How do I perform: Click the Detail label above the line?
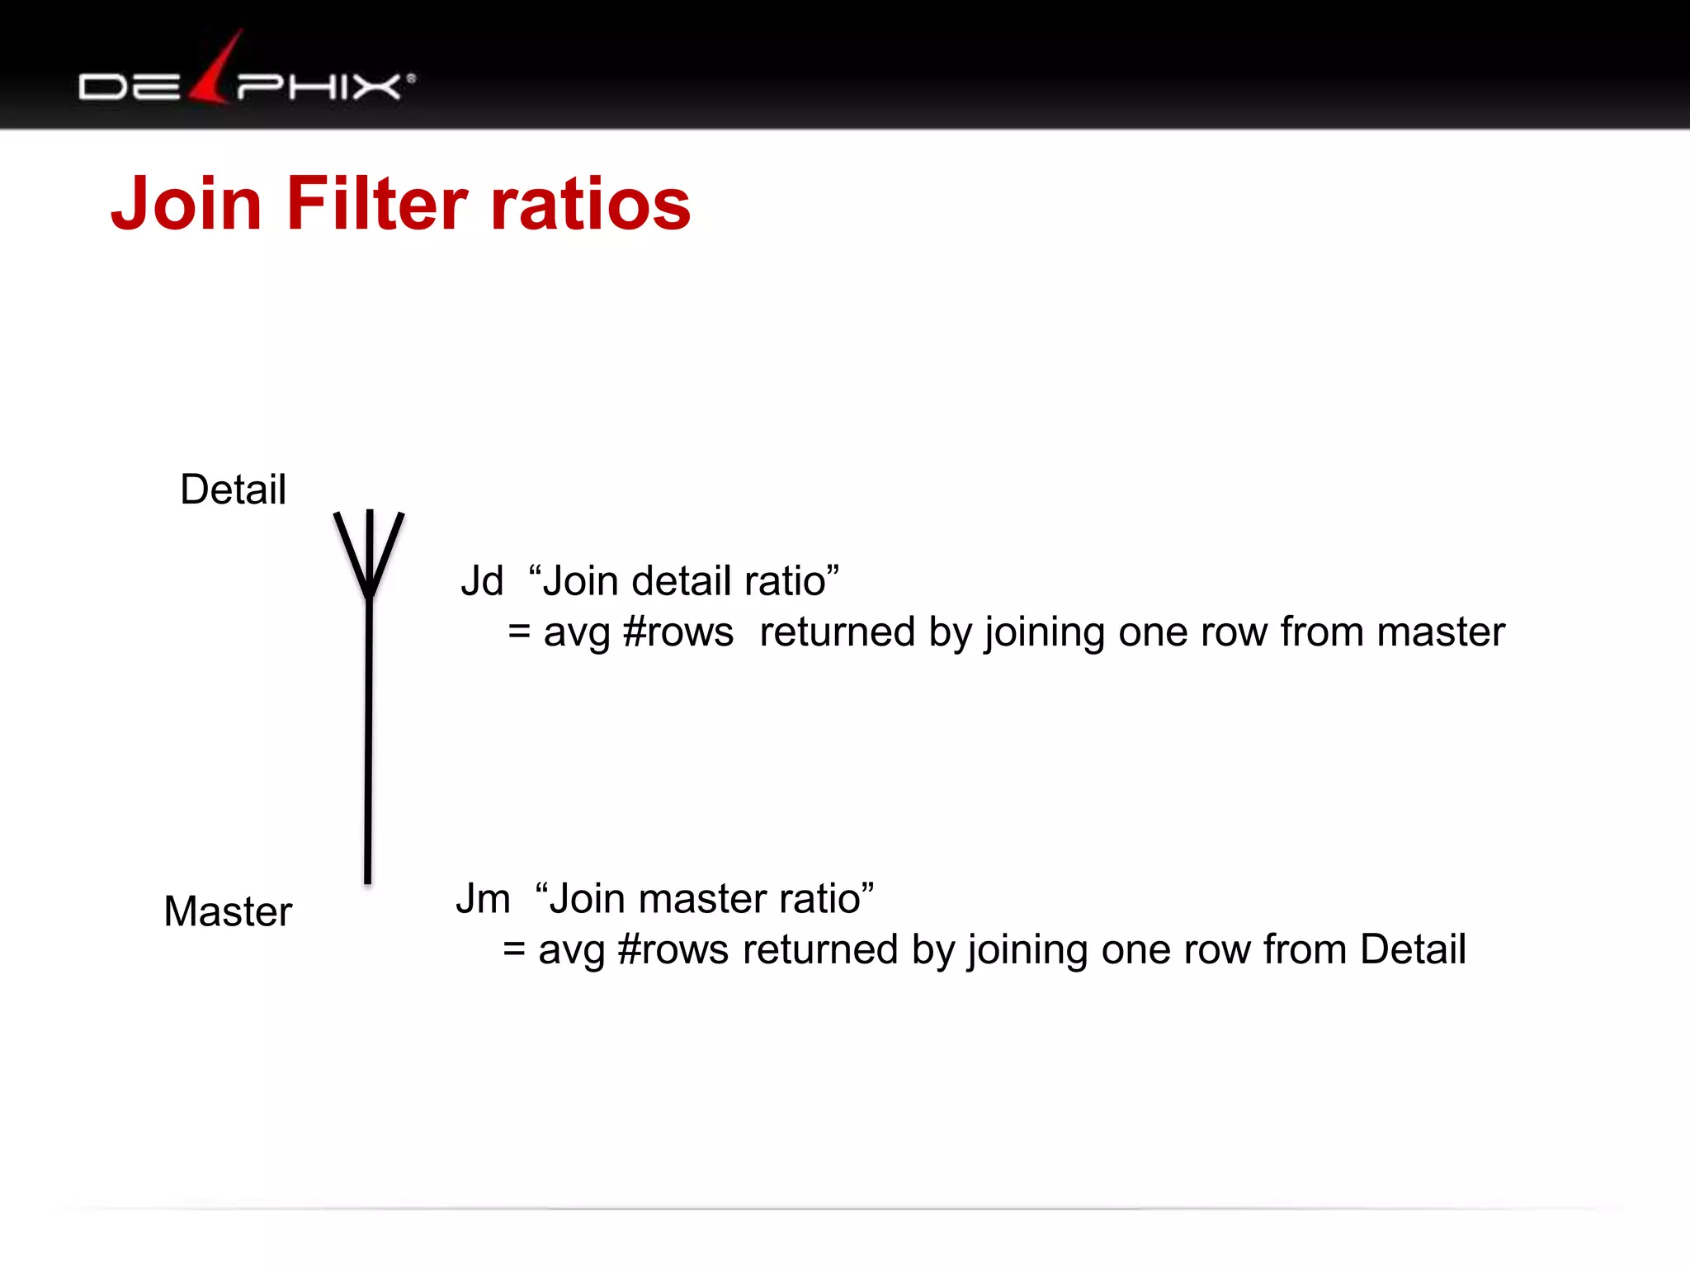click(x=233, y=490)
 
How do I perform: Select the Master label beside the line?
click(x=228, y=911)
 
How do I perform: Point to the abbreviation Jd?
click(x=481, y=581)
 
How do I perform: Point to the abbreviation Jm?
click(x=483, y=898)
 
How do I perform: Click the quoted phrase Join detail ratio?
click(x=684, y=580)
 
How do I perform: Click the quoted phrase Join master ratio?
click(x=705, y=898)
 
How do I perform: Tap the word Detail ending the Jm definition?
click(x=1413, y=949)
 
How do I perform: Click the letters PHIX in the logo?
click(x=319, y=86)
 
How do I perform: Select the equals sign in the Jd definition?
click(x=519, y=632)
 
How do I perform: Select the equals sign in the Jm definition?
click(x=514, y=949)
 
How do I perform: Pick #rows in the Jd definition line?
click(x=677, y=632)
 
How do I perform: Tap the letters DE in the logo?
click(x=129, y=87)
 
